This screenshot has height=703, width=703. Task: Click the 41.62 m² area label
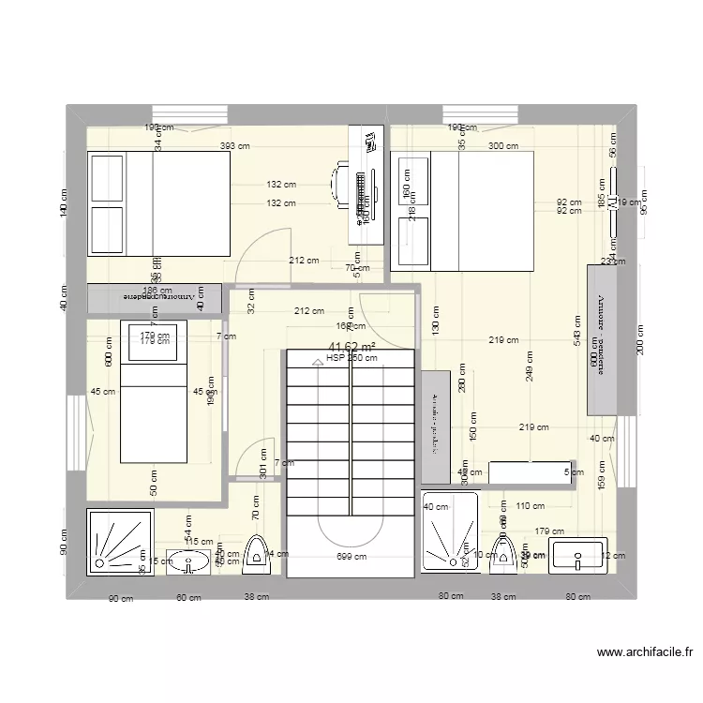[351, 347]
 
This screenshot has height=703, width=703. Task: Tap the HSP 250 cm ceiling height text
[351, 357]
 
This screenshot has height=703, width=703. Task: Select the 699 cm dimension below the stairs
[351, 557]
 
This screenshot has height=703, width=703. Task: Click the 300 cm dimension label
[503, 146]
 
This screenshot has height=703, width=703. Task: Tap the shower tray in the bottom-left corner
[112, 540]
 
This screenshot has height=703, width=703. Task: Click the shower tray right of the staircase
[450, 531]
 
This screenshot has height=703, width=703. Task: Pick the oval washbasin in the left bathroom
[191, 562]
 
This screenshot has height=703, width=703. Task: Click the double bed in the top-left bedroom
[158, 203]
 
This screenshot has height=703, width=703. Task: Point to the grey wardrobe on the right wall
[601, 339]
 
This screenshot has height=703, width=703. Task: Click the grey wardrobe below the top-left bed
[155, 298]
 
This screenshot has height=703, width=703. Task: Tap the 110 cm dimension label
[530, 506]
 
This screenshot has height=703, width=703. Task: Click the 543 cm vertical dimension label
[579, 328]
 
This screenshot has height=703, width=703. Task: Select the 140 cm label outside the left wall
[65, 203]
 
